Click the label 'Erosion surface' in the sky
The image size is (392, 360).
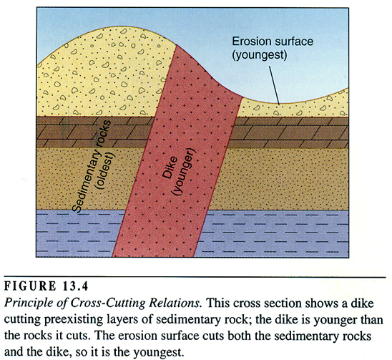pos(273,42)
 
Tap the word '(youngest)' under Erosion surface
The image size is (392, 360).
pos(260,56)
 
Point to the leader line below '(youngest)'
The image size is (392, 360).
pos(274,85)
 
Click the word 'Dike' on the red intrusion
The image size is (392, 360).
pos(170,168)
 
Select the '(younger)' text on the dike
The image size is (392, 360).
pos(185,172)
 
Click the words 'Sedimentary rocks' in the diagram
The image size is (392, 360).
pos(91,166)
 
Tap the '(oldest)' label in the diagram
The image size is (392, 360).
pos(106,171)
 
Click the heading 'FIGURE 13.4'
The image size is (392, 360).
pos(46,286)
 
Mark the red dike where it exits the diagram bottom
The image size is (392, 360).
pos(153,256)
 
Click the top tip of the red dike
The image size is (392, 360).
pos(177,45)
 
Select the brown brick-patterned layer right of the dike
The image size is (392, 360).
pos(290,132)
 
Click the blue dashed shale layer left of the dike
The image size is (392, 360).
pos(79,233)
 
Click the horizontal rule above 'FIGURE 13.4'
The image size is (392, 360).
pos(195,277)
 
